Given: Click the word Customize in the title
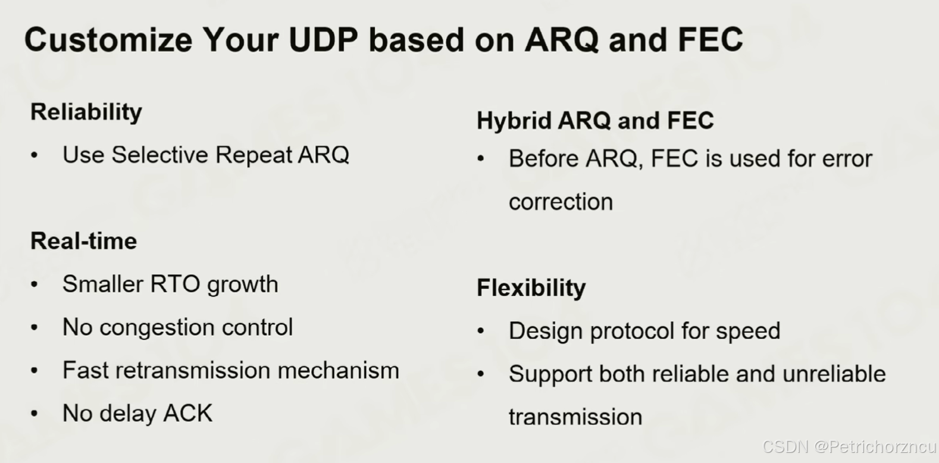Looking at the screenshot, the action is [108, 40].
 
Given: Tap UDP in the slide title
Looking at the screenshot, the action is [323, 40].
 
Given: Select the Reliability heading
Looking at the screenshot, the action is [86, 112].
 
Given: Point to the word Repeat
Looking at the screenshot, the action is [253, 155].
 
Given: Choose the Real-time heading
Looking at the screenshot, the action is [83, 241].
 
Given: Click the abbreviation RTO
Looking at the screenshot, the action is [175, 284].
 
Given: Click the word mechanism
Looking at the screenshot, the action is [339, 370].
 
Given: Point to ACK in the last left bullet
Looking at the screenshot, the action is [188, 413].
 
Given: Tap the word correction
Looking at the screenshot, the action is [561, 202].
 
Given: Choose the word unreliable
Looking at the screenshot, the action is [834, 374].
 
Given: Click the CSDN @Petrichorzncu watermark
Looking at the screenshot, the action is [849, 447].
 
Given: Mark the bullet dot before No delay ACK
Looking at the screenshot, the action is [35, 413].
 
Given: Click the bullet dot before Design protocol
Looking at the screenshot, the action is [481, 331].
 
